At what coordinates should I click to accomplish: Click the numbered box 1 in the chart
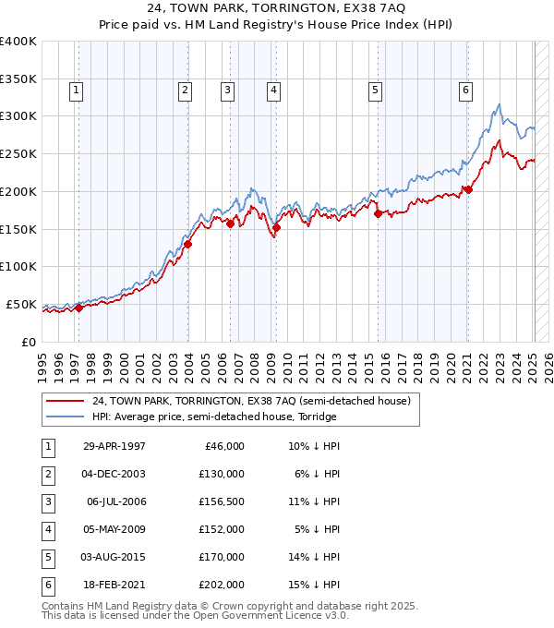pos(75,90)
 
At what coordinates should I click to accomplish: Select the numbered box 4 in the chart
pos(274,90)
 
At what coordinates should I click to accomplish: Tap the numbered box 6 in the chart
pos(466,90)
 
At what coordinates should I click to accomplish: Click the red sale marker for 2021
pos(468,190)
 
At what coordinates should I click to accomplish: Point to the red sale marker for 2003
pos(187,244)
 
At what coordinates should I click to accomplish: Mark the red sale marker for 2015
pos(378,213)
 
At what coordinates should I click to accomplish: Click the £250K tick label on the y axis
pos(18,153)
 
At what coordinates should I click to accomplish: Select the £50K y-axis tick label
pos(22,304)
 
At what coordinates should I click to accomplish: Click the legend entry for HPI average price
pos(214,417)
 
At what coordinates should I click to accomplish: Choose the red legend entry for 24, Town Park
pos(257,401)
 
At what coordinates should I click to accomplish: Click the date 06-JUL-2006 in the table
pos(115,501)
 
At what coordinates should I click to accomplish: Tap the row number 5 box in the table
pos(48,557)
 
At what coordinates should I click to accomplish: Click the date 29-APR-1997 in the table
pos(114,446)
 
